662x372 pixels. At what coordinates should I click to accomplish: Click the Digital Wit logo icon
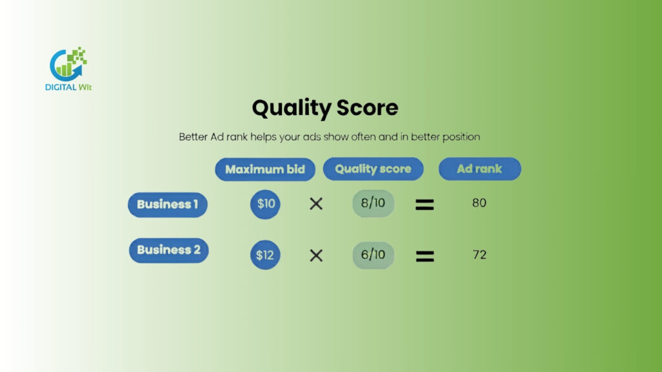[x=69, y=63]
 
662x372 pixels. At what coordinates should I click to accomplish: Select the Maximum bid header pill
[x=265, y=170]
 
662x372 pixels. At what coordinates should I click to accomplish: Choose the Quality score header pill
[x=373, y=169]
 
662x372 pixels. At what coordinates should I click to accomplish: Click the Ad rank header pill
[x=480, y=169]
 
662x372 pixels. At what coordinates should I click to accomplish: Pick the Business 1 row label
[x=167, y=205]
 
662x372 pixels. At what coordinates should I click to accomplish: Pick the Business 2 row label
[x=169, y=251]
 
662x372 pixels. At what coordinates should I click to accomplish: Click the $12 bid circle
[x=265, y=255]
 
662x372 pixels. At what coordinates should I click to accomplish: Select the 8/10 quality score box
[x=373, y=203]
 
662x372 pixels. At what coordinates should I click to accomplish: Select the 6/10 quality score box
[x=373, y=255]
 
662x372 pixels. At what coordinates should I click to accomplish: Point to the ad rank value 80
[x=479, y=203]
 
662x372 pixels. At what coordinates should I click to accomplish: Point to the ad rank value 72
[x=479, y=255]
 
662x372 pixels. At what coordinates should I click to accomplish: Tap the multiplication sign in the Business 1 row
[x=316, y=204]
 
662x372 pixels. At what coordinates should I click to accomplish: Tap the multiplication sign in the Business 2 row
[x=316, y=256]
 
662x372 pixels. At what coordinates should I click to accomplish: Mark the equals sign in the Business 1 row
[x=424, y=205]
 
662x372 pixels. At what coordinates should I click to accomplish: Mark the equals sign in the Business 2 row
[x=424, y=256]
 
